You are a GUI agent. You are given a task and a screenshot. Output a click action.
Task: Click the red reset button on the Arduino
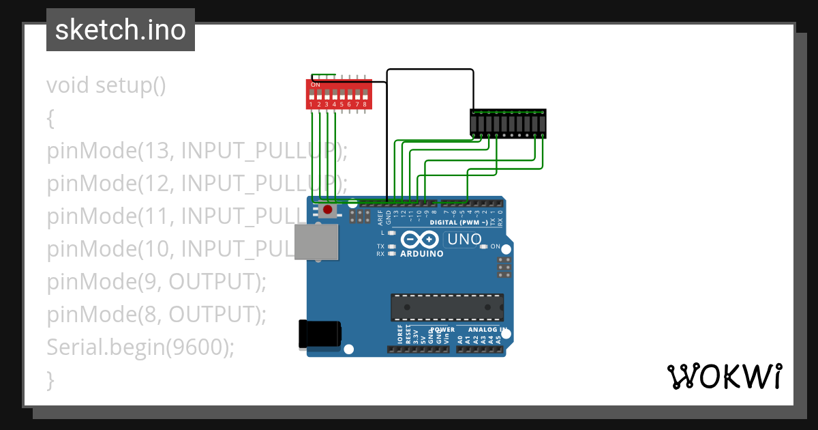tap(328, 210)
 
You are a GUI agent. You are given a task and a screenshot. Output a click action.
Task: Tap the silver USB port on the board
tap(316, 242)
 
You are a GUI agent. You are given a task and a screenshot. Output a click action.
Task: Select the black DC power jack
tap(320, 334)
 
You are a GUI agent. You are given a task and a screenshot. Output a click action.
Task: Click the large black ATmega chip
tap(447, 307)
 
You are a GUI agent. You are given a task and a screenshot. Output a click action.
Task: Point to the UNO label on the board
tap(464, 240)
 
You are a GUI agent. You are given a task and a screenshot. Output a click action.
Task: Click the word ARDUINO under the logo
tap(422, 254)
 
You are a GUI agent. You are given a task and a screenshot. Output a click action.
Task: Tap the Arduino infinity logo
tap(420, 240)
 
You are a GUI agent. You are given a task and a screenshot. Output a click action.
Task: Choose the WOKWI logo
tap(725, 376)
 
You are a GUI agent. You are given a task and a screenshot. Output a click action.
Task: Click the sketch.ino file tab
tap(121, 30)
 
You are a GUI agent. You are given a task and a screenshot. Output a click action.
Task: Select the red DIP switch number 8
tap(365, 94)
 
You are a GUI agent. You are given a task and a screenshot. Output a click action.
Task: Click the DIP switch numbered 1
tap(311, 94)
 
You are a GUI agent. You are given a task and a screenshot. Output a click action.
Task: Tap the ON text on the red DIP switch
tap(315, 85)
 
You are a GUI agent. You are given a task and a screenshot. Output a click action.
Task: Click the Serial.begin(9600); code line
tap(140, 347)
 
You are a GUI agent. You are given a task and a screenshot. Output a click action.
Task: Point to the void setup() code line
tap(106, 86)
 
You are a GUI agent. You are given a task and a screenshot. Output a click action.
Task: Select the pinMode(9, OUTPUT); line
tap(157, 281)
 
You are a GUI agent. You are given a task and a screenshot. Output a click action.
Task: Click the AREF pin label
tap(380, 218)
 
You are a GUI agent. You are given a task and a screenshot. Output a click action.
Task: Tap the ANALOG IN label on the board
tap(487, 330)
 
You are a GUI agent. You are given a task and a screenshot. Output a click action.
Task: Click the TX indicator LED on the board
tap(391, 246)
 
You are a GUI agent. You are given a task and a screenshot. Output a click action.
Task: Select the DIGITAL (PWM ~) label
tap(458, 223)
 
